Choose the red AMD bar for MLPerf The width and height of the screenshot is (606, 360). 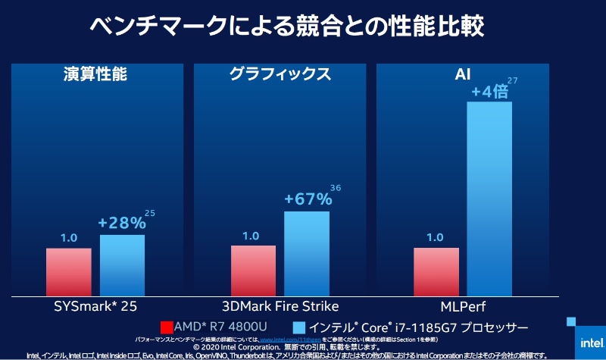[436, 271]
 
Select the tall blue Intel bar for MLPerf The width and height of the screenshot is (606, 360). [489, 197]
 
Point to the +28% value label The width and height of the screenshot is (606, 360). [122, 224]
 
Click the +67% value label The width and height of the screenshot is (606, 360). [308, 199]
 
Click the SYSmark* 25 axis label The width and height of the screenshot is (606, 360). [95, 306]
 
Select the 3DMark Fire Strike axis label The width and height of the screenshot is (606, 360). [280, 306]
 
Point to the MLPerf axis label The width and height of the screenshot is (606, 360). [464, 306]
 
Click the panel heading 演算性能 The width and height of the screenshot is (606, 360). [95, 74]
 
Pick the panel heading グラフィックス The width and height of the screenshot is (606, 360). [280, 74]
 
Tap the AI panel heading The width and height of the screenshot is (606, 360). [464, 74]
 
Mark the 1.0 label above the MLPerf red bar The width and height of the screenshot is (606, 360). [435, 236]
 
